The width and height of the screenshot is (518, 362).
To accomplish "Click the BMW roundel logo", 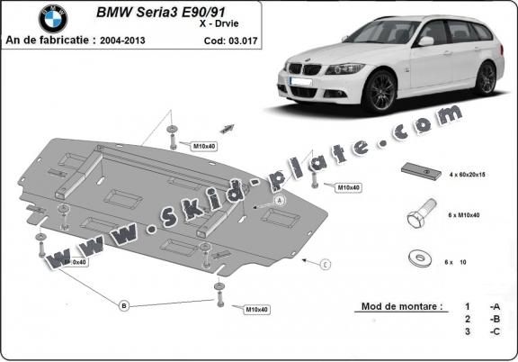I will pos(52,18).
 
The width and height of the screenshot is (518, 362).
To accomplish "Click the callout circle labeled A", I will pos(279,199).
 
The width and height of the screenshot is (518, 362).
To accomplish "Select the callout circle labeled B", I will pos(123,305).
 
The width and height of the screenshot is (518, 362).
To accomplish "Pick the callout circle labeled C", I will pos(325,264).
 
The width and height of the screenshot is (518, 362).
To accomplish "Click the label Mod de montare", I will pos(401,306).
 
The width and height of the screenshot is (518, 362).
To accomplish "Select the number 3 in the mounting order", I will pos(468,332).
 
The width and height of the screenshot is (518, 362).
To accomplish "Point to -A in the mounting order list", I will pos(494,306).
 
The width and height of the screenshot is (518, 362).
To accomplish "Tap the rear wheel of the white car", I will pos(486,78).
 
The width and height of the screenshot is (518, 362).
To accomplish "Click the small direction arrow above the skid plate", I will pos(226,129).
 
